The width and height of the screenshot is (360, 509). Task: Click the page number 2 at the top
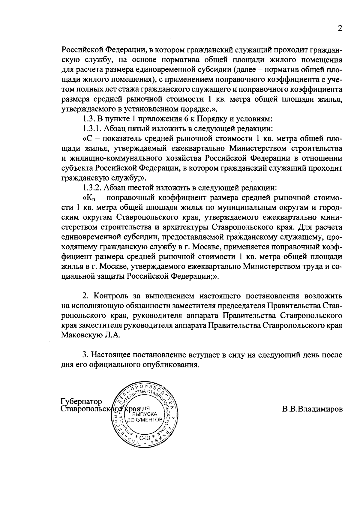point(340,28)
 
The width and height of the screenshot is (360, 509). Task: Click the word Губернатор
point(81,401)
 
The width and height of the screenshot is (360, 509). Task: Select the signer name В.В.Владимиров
point(312,409)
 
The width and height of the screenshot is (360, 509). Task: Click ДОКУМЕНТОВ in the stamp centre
point(145,419)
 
